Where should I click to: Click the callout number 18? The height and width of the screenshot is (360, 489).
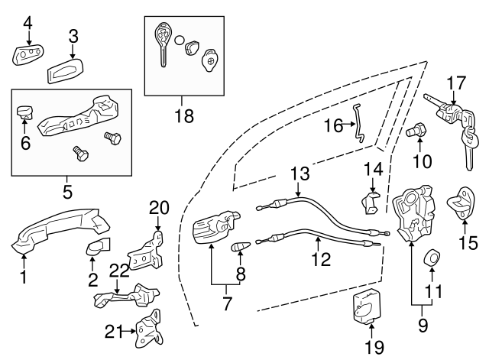click(x=184, y=116)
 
